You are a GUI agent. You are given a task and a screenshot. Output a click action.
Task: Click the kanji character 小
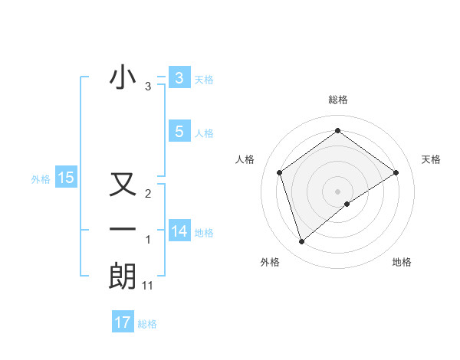(x=123, y=78)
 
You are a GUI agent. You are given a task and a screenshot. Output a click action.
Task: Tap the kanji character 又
(x=123, y=185)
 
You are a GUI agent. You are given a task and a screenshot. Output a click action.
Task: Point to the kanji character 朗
(x=123, y=276)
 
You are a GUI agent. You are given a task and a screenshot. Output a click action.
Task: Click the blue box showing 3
(x=179, y=78)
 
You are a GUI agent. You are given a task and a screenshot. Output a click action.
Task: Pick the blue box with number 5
(x=179, y=132)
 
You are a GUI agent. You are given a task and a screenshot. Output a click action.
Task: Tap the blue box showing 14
(x=179, y=231)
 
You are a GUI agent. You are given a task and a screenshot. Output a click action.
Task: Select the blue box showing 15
(x=65, y=178)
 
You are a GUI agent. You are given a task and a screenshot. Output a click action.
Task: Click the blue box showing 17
(x=123, y=322)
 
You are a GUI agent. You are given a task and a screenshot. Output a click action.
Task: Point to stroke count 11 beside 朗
(x=148, y=286)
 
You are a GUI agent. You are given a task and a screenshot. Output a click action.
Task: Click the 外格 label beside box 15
(x=41, y=179)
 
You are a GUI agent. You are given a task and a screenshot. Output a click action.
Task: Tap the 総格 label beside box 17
(x=147, y=324)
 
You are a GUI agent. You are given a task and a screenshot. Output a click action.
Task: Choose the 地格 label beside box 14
(x=204, y=233)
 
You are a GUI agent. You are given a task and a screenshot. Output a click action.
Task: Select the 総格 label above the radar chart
(x=337, y=100)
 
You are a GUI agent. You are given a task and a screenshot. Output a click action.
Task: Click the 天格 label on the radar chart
(x=432, y=159)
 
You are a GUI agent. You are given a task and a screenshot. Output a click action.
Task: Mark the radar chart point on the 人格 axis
(x=280, y=172)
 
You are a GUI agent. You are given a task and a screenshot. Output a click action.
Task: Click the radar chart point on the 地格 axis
(x=347, y=204)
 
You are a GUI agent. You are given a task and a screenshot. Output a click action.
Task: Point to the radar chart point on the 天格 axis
(x=396, y=172)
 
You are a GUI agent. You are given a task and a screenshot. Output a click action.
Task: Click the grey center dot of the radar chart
(x=337, y=191)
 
